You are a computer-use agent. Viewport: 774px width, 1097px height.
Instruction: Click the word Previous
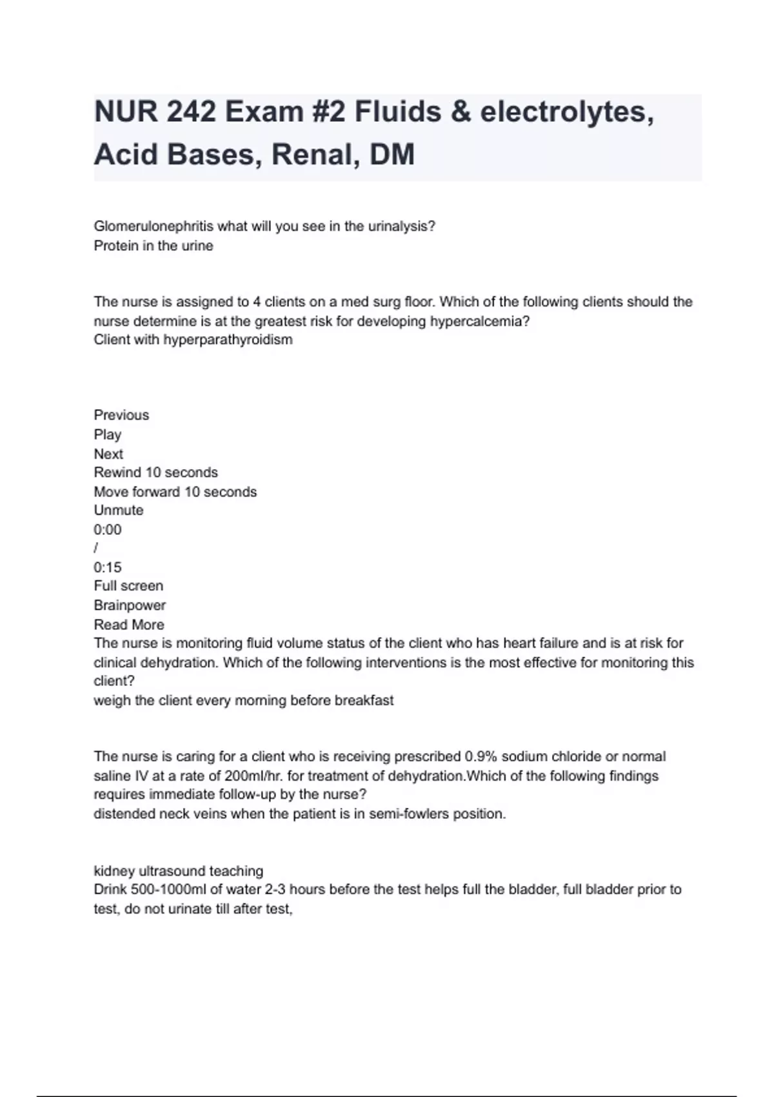(121, 415)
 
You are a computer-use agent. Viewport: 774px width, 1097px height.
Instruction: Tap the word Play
(108, 434)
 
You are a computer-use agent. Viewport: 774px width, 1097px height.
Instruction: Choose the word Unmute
(119, 510)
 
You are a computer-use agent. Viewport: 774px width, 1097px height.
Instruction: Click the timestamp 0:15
(108, 567)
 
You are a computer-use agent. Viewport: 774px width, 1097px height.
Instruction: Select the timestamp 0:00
(108, 530)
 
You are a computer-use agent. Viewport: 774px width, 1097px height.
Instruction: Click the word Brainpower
(130, 605)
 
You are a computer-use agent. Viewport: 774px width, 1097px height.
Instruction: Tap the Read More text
(129, 625)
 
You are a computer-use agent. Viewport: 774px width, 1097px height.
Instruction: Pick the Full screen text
(128, 586)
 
